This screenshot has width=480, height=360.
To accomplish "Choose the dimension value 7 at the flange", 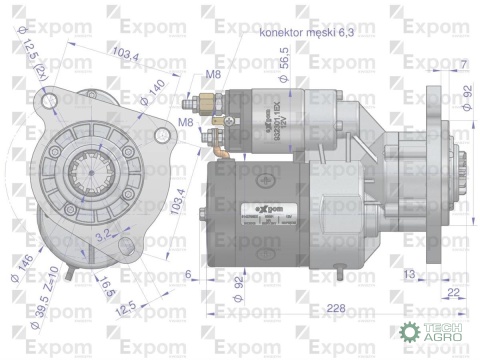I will (463, 65).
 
